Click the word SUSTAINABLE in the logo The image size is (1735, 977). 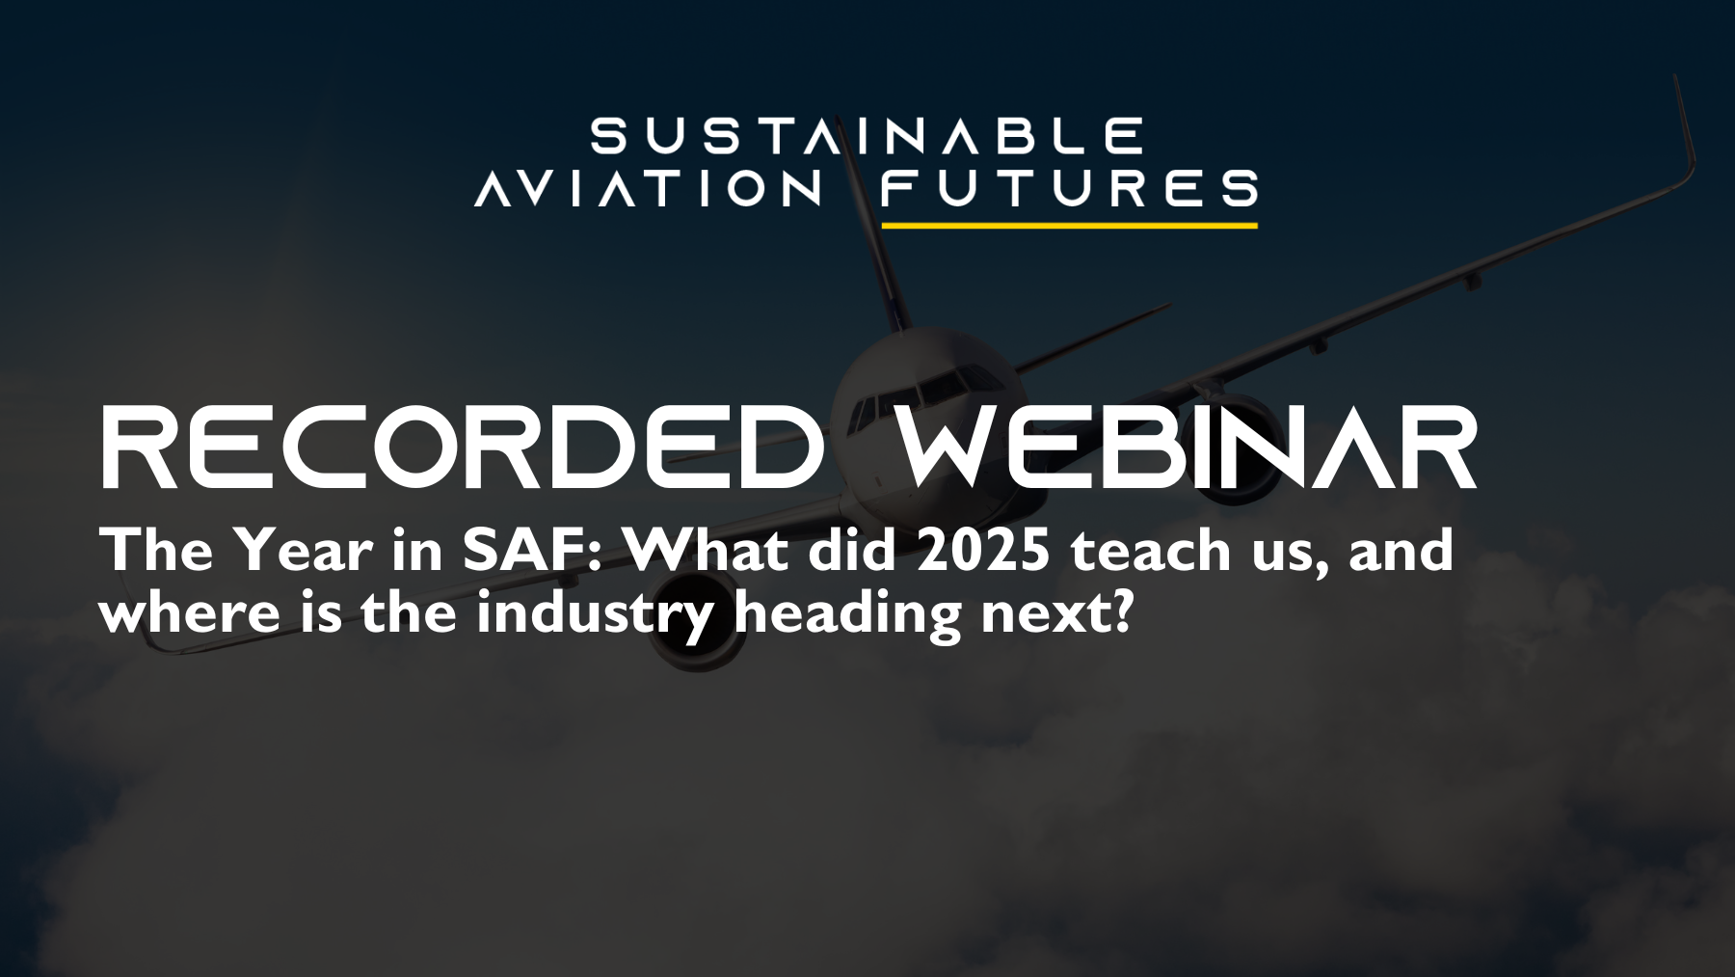tap(867, 137)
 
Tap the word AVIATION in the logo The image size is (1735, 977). tap(649, 188)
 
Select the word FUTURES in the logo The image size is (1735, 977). tap(1069, 188)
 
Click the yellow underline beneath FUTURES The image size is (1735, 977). tap(1069, 226)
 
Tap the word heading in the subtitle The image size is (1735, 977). tap(847, 613)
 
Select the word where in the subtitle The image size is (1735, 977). tap(189, 613)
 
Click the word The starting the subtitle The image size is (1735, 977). tap(156, 551)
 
